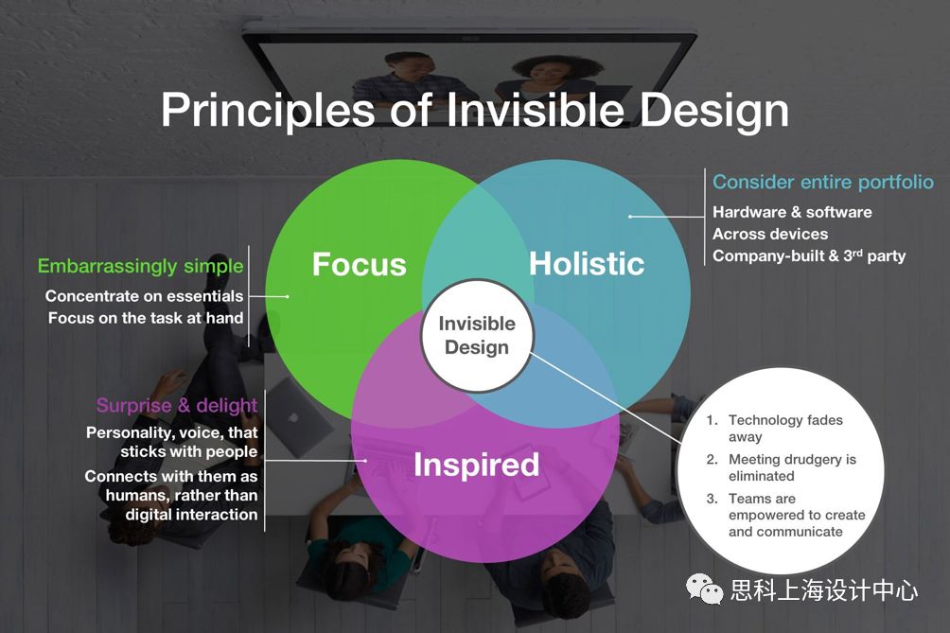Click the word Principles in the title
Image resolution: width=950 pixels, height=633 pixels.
(x=267, y=111)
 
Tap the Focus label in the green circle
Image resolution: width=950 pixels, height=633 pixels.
(x=360, y=265)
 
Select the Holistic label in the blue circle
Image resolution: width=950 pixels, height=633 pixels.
(x=587, y=264)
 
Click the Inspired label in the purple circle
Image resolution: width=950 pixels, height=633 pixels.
(x=476, y=465)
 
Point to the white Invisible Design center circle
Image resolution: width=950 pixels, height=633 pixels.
(x=477, y=336)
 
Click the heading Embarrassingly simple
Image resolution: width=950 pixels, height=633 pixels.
(x=141, y=267)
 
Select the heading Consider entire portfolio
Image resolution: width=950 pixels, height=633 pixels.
(x=823, y=182)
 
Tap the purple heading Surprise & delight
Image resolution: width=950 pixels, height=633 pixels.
(x=177, y=405)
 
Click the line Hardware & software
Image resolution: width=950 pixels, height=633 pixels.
(x=792, y=212)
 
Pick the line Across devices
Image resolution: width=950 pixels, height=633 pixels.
(x=770, y=234)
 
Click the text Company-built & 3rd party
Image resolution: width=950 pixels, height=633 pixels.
(x=809, y=255)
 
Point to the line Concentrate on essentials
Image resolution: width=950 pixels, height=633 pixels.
(x=144, y=296)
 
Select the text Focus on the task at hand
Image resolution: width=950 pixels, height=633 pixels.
(x=146, y=318)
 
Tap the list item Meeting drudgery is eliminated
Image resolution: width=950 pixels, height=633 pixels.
(x=782, y=467)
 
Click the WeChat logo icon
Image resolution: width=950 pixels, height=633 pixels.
(x=704, y=589)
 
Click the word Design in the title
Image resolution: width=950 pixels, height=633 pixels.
(x=714, y=111)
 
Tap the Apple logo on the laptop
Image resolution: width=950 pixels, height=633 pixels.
(x=294, y=417)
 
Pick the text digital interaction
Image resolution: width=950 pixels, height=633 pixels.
(x=191, y=515)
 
